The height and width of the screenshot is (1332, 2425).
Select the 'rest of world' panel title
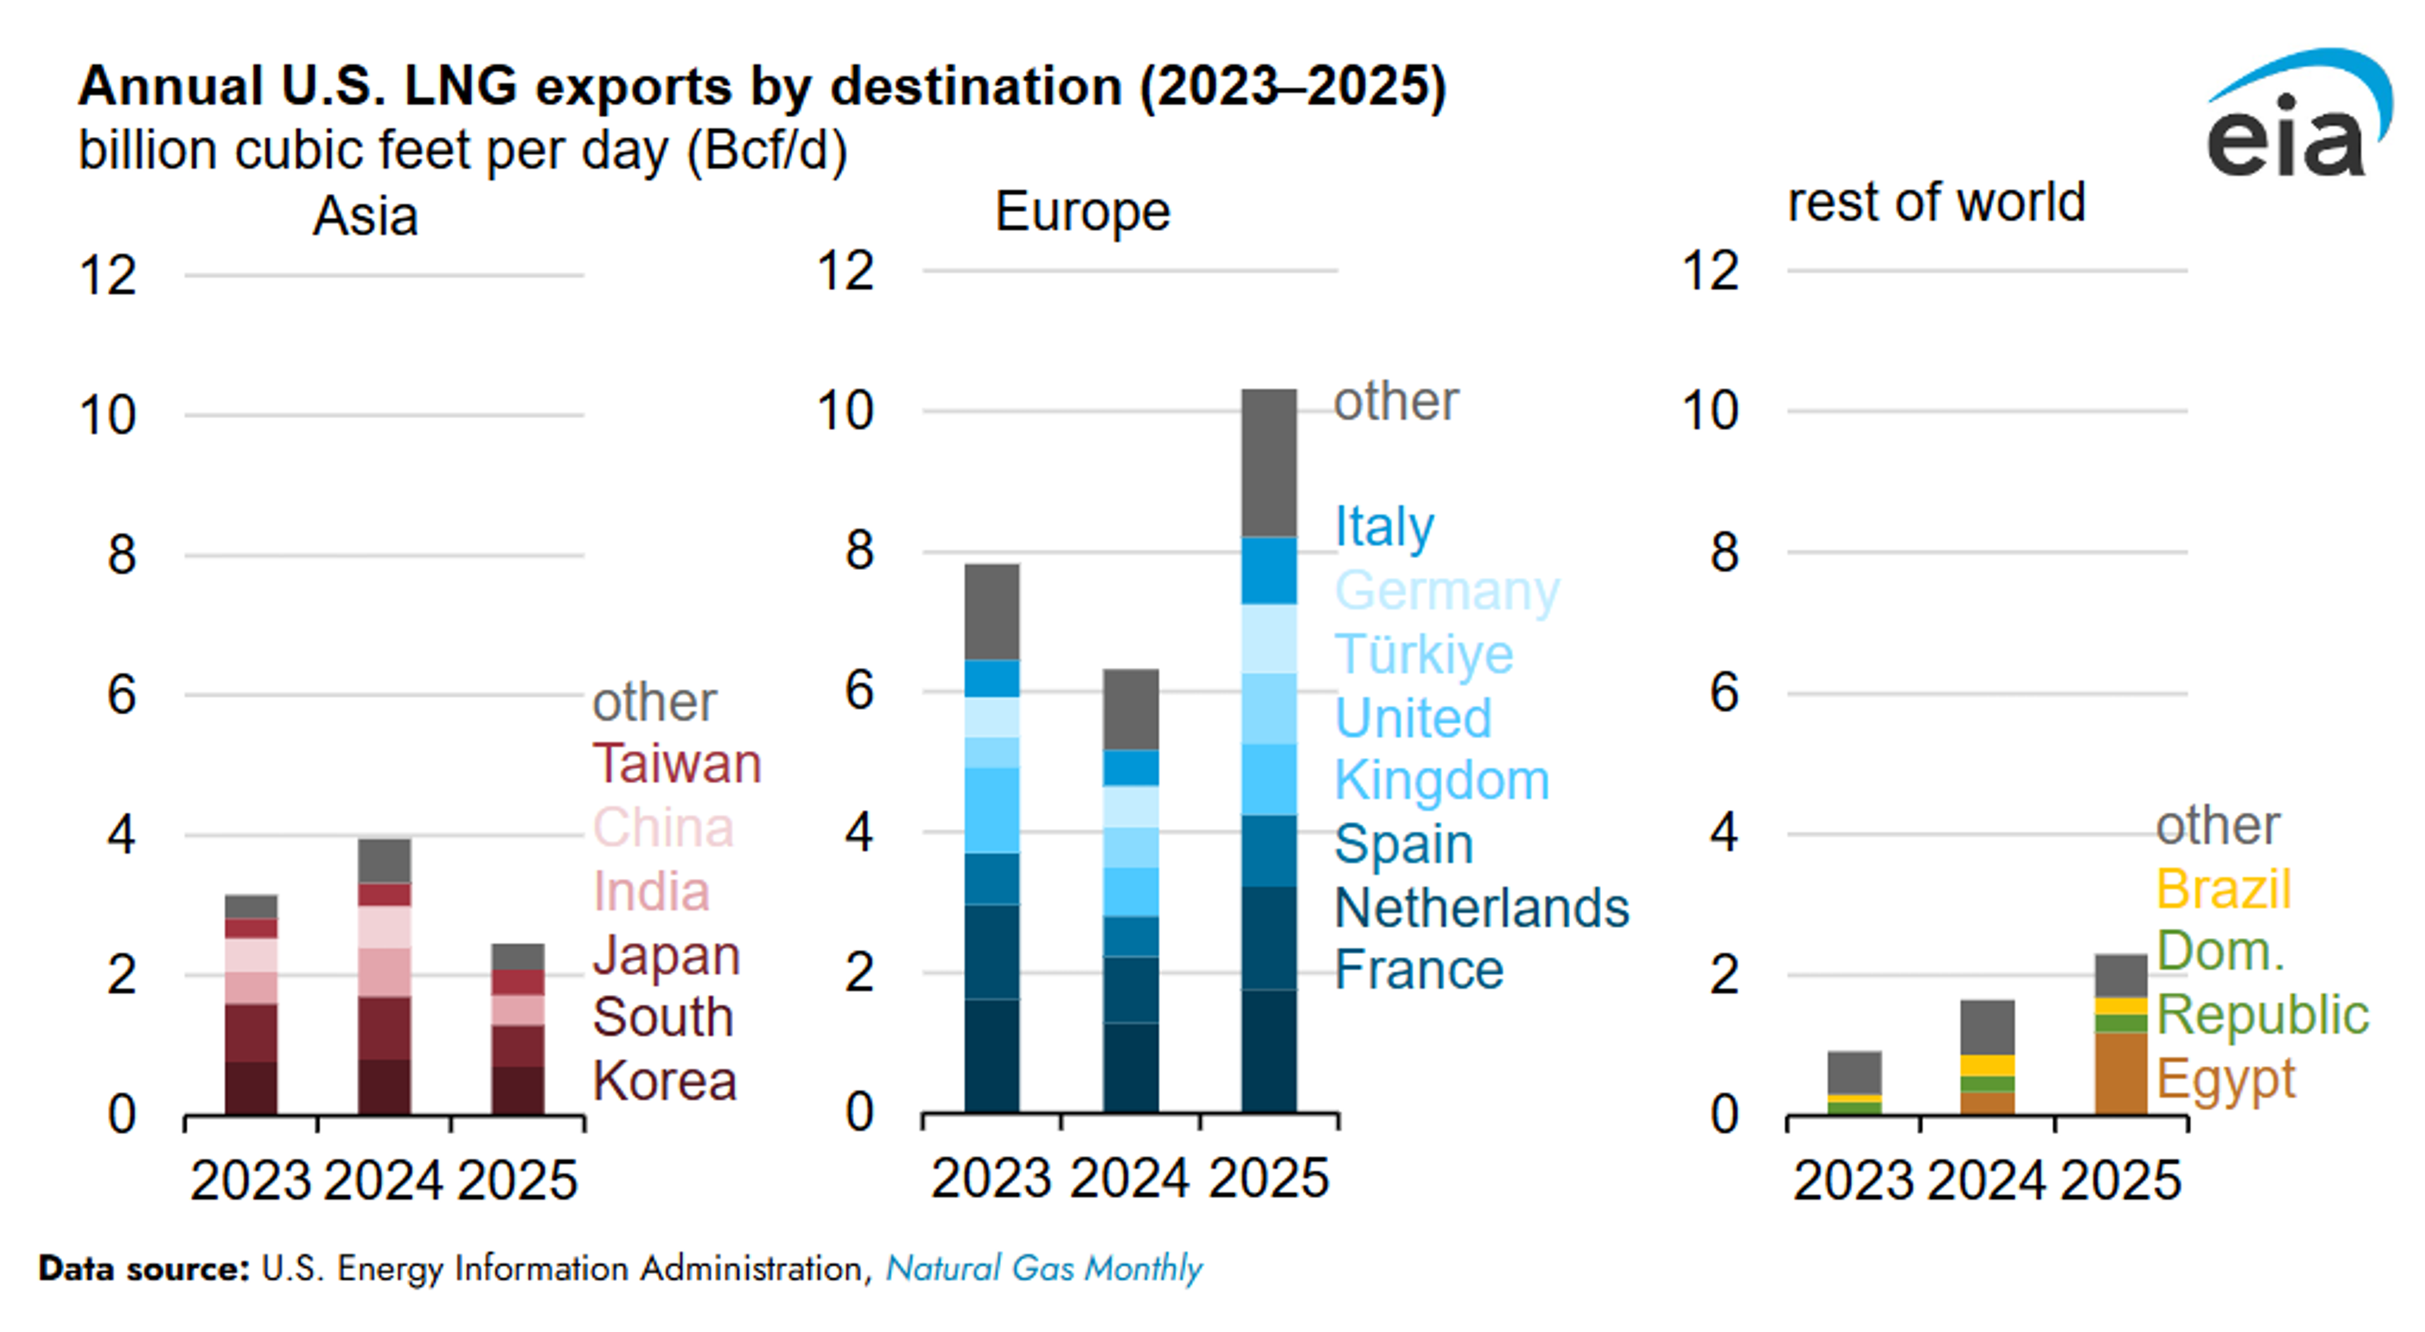pos(1936,203)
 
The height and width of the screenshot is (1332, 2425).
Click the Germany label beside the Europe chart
pos(1446,590)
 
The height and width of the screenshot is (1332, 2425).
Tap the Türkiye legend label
pos(1423,653)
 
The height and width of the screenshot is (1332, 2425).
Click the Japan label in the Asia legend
pos(666,956)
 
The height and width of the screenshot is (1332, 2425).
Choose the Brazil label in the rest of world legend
pos(2224,889)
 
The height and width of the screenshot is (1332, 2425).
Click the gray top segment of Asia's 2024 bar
pos(384,860)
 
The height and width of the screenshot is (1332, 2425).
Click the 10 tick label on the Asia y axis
pos(107,415)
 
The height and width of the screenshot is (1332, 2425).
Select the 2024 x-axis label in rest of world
pos(1986,1180)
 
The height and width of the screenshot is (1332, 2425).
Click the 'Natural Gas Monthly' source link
pos(1043,1269)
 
